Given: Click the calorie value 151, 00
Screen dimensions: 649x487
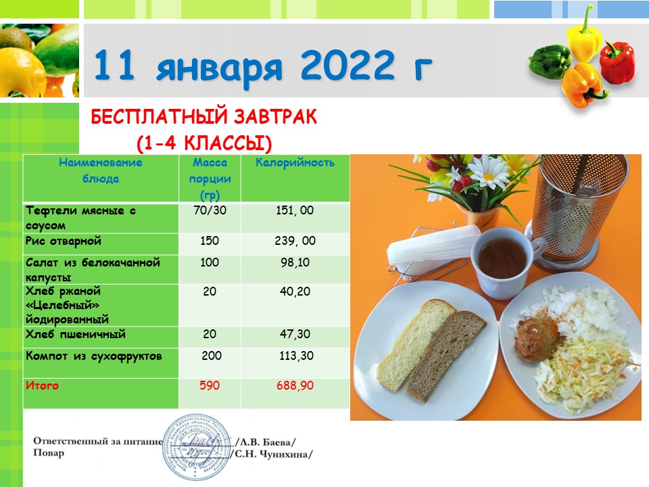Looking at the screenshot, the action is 295,210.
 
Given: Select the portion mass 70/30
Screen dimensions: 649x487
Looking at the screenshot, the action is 210,210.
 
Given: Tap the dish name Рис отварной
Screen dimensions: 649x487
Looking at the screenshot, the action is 64,241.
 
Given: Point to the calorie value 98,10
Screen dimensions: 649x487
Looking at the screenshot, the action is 295,262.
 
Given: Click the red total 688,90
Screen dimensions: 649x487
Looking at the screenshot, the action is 295,386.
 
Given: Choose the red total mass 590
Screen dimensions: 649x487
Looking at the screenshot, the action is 210,386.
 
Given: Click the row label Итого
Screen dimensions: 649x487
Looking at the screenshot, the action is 42,386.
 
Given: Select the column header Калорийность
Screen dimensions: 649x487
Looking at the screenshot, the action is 295,162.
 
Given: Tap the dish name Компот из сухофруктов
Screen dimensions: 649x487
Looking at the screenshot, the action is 93,356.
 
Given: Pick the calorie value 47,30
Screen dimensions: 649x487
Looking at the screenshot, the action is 295,334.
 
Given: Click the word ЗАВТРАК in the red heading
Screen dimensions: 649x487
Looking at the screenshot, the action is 275,117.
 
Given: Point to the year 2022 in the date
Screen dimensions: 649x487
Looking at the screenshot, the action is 347,65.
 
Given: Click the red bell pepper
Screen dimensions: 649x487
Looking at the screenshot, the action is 617,62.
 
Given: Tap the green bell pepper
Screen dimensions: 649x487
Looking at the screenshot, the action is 550,62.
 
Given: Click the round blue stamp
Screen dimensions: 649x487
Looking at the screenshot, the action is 197,447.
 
